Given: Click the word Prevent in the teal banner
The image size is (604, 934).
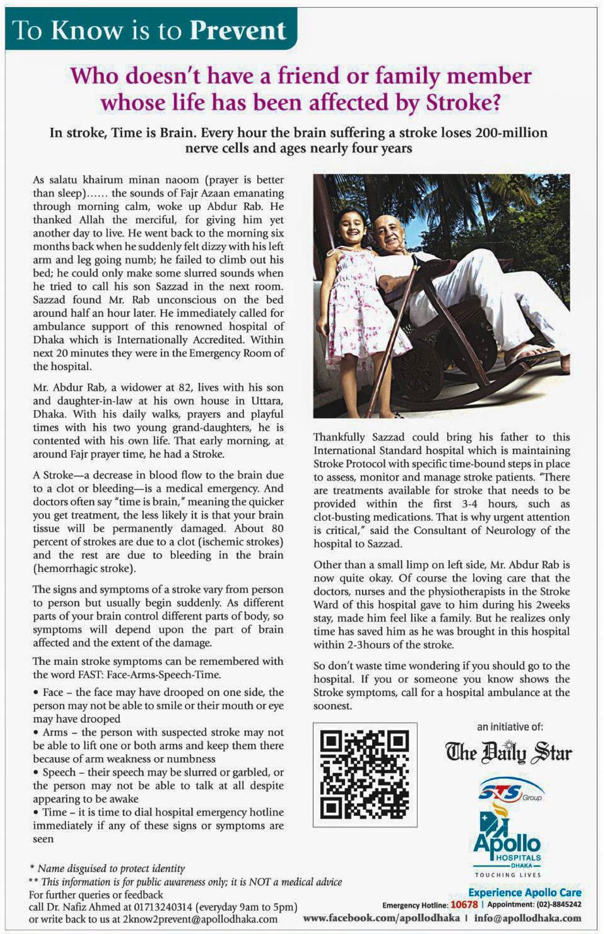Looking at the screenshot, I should pyautogui.click(x=238, y=31).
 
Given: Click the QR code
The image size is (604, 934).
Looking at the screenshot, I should pyautogui.click(x=365, y=775).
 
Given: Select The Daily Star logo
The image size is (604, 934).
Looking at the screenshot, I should pyautogui.click(x=509, y=753).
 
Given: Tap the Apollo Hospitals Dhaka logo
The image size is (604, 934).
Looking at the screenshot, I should pyautogui.click(x=507, y=844).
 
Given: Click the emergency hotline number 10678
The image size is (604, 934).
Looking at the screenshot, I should pyautogui.click(x=464, y=905).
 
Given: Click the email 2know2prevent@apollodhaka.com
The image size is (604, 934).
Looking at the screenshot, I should pyautogui.click(x=200, y=919).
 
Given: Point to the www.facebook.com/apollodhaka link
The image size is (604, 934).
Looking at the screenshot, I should pyautogui.click(x=381, y=918).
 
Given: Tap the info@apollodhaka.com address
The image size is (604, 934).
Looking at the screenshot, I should pyautogui.click(x=528, y=918).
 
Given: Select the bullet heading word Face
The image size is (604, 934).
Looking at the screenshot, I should pyautogui.click(x=53, y=692).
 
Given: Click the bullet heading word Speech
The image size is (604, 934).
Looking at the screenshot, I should pyautogui.click(x=59, y=772).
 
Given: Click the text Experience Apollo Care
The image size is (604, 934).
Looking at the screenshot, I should pyautogui.click(x=525, y=893).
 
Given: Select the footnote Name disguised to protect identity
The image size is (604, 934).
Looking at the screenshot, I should pyautogui.click(x=111, y=868).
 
